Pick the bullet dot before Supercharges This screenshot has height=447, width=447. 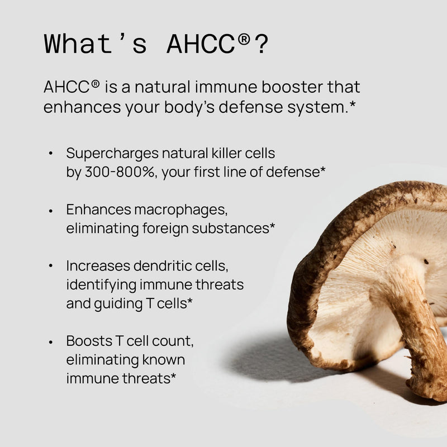(x=51, y=153)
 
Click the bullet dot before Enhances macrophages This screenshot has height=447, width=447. (x=51, y=210)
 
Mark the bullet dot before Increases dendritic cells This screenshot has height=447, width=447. (x=51, y=266)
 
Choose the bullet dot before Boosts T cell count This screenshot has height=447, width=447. (x=51, y=341)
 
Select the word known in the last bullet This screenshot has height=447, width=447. (x=165, y=359)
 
